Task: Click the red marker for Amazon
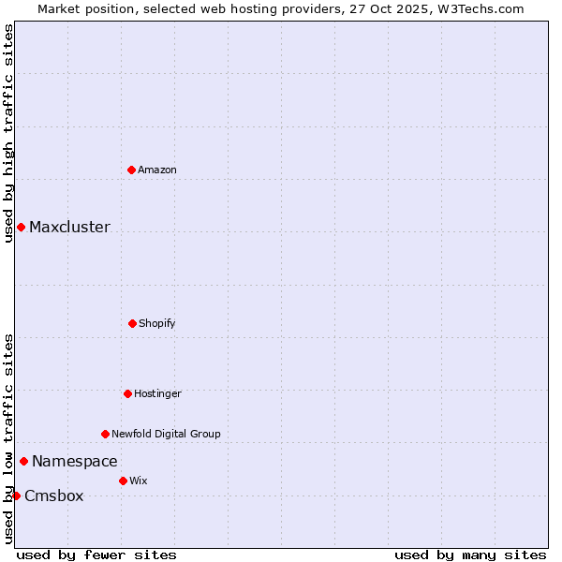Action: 131,170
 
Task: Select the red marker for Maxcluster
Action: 21,227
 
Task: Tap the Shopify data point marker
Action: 132,323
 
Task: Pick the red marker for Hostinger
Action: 127,393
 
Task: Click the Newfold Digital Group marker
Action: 105,434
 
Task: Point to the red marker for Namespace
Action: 23,461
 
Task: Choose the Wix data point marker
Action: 123,481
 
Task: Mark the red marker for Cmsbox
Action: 16,495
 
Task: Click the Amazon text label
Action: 157,170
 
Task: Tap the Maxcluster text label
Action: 69,227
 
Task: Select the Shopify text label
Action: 157,323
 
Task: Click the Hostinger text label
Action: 157,393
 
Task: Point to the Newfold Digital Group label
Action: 166,434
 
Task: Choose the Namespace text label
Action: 75,461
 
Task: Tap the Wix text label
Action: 139,481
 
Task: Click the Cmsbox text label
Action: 54,496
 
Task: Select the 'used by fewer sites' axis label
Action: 96,555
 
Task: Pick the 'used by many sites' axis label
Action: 470,555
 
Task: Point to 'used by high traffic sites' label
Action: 8,133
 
